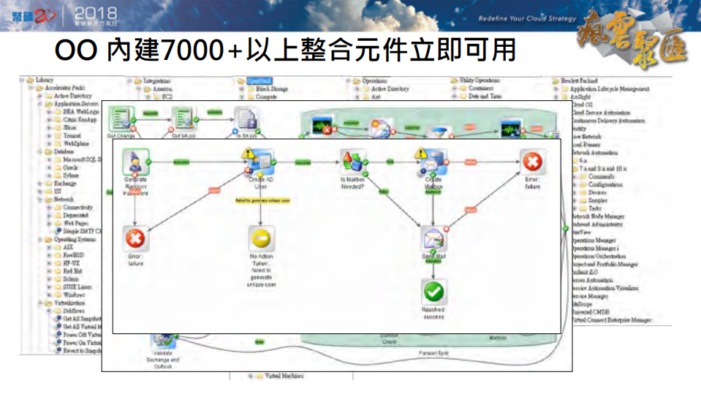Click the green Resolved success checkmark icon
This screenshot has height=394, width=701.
pos(433,292)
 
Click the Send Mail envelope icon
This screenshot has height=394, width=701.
pos(433,238)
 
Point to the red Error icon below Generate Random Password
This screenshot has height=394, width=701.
pos(135,238)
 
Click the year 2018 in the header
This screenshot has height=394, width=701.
pos(96,13)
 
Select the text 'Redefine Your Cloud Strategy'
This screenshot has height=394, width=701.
pos(526,18)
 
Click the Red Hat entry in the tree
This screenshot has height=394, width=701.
pos(72,270)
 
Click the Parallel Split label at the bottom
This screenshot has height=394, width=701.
pos(433,353)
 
